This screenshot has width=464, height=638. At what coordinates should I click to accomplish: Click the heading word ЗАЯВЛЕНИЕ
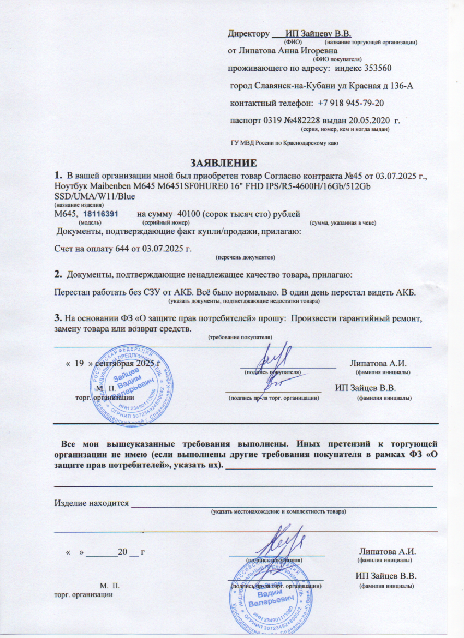coord(223,162)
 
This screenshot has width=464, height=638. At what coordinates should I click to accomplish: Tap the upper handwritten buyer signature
coord(272,359)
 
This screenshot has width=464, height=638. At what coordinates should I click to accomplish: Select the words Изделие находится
coord(90,503)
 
